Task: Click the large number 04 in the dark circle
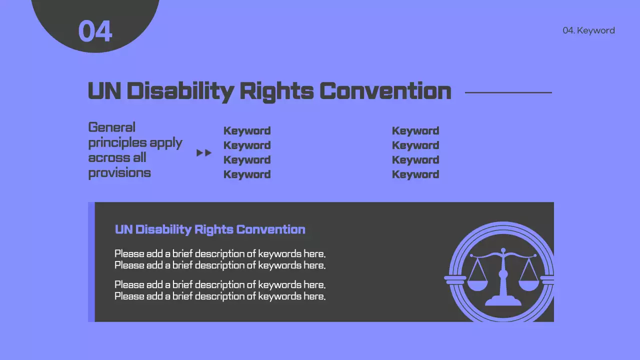coord(95,31)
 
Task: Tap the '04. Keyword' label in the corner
coord(588,30)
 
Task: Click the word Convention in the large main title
coord(385,91)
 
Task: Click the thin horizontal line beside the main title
coord(508,92)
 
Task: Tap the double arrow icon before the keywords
coord(204,153)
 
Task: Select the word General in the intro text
coord(111,127)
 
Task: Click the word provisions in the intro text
coord(119,173)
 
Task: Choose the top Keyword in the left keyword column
coord(247,131)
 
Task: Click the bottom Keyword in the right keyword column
coord(415,174)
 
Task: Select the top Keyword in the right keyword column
coord(415,131)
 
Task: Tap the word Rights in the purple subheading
coord(214,229)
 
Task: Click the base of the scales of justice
coord(503,301)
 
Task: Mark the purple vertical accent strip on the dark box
coord(91,262)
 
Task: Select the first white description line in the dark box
coord(220,254)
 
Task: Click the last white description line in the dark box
coord(220,296)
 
